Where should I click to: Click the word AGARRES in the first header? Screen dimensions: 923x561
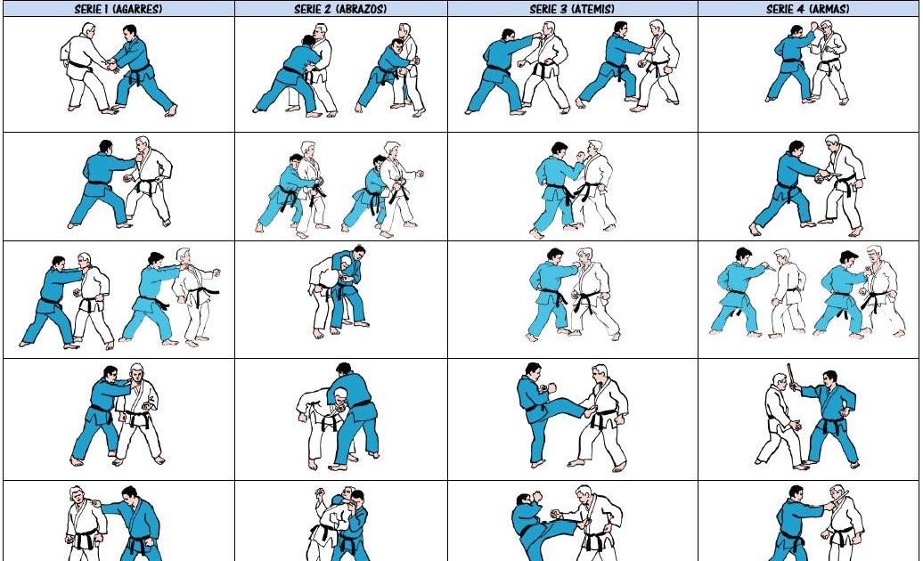click(137, 9)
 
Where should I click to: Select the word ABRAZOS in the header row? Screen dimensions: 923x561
click(362, 9)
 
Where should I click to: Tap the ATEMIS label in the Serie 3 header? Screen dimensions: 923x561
click(592, 9)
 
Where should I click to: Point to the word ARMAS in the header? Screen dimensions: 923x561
click(828, 9)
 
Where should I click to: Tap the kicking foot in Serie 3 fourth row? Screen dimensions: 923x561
click(589, 411)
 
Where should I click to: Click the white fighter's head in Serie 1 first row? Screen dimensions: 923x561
click(87, 30)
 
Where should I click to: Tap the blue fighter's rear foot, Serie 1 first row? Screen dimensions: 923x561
click(171, 110)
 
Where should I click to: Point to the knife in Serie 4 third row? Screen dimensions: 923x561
click(766, 265)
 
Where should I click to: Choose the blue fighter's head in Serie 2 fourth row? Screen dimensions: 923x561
click(343, 370)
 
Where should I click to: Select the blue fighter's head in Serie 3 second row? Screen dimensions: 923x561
click(560, 150)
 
